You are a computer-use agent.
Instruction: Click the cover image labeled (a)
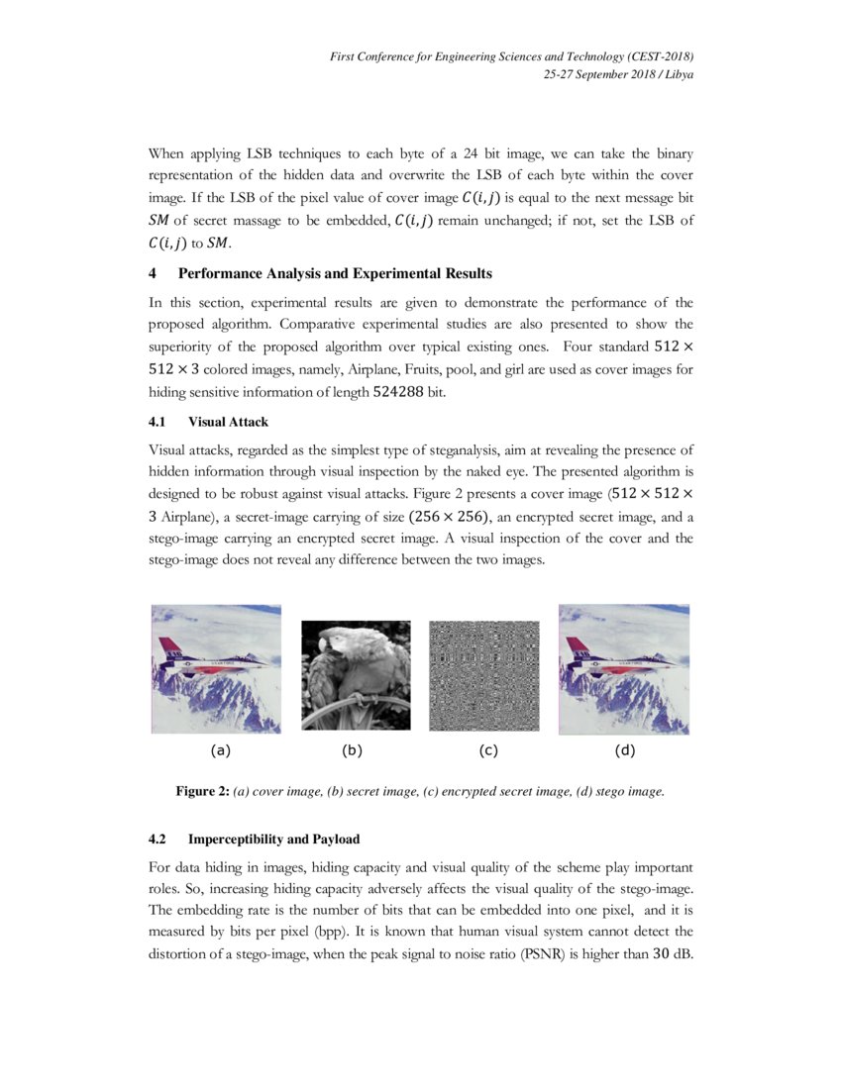216,669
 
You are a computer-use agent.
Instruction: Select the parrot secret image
356,675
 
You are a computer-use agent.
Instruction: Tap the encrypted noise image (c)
483,675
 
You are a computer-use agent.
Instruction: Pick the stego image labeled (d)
624,669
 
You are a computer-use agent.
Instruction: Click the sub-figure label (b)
352,750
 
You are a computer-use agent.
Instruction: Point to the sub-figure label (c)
487,750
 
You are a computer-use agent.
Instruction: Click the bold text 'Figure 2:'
202,791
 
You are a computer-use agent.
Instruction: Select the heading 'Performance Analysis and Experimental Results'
335,273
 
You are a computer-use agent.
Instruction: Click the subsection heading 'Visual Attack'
228,422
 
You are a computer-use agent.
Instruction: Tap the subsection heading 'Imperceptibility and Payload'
266,840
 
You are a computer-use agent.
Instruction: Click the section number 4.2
158,840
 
